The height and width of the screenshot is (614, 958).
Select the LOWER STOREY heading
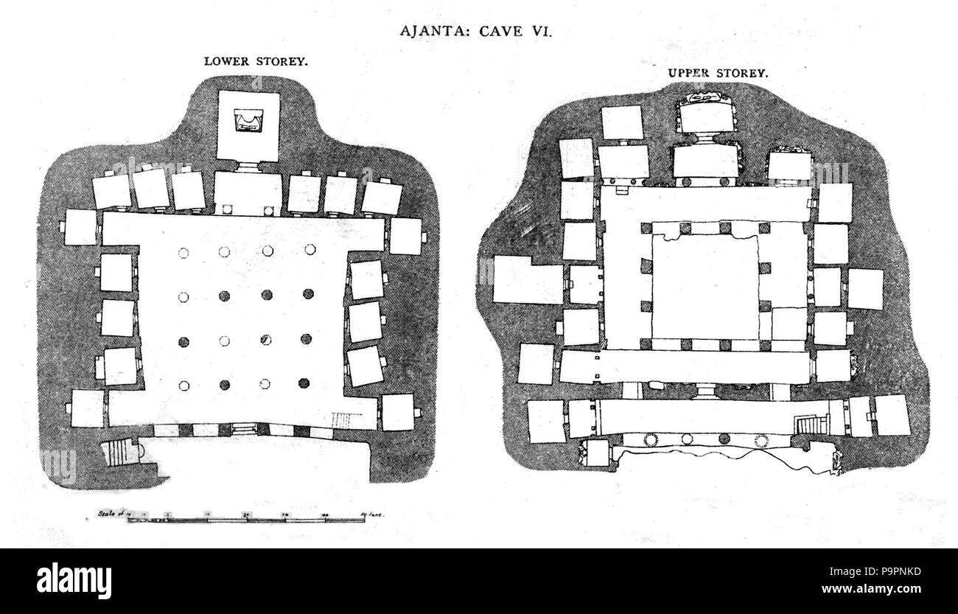256,62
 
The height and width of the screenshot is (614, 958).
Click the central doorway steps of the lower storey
242,428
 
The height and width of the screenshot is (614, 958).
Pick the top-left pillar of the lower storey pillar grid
184,252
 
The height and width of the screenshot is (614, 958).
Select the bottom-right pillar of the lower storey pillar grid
304,383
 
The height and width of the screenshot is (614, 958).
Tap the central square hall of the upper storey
706,287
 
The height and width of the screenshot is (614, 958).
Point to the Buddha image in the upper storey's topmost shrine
704,99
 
